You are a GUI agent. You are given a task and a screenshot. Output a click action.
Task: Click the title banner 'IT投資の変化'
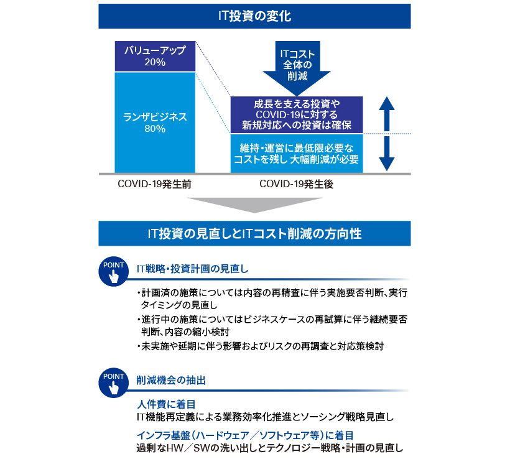pos(254,16)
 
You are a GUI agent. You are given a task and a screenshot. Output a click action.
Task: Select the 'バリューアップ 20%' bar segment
pos(155,56)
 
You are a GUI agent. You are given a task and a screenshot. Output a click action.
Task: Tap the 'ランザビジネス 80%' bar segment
pos(155,123)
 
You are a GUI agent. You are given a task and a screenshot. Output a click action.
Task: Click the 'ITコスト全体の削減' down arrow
pos(297,68)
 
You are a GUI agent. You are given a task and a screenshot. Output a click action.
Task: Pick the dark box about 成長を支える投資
pos(297,114)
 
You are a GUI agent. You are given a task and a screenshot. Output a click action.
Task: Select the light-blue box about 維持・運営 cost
pos(297,153)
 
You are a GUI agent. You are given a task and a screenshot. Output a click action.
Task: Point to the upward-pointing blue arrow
pos(387,114)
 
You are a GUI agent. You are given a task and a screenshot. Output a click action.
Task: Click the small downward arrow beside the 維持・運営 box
pos(387,154)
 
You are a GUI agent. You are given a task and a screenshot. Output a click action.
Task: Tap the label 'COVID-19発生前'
pos(154,184)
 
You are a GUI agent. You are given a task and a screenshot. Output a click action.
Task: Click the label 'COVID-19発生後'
pos(296,184)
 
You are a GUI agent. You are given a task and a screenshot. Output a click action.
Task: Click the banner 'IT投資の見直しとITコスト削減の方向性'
pos(254,234)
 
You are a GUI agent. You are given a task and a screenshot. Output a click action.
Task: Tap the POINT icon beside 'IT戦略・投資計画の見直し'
pos(114,272)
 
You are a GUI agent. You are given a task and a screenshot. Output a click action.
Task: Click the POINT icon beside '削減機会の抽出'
pos(114,383)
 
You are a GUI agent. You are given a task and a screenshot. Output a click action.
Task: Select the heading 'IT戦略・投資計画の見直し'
pos(192,269)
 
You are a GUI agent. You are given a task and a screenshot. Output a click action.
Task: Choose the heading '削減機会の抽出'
pos(171,380)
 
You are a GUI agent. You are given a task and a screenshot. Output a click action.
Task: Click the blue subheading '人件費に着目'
pos(166,404)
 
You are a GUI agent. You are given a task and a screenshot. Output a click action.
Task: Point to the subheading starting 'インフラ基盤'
pos(245,435)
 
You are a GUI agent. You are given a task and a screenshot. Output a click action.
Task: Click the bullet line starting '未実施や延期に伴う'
pos(260,346)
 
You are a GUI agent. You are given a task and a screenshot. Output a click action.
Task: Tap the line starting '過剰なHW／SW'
pos(270,448)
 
